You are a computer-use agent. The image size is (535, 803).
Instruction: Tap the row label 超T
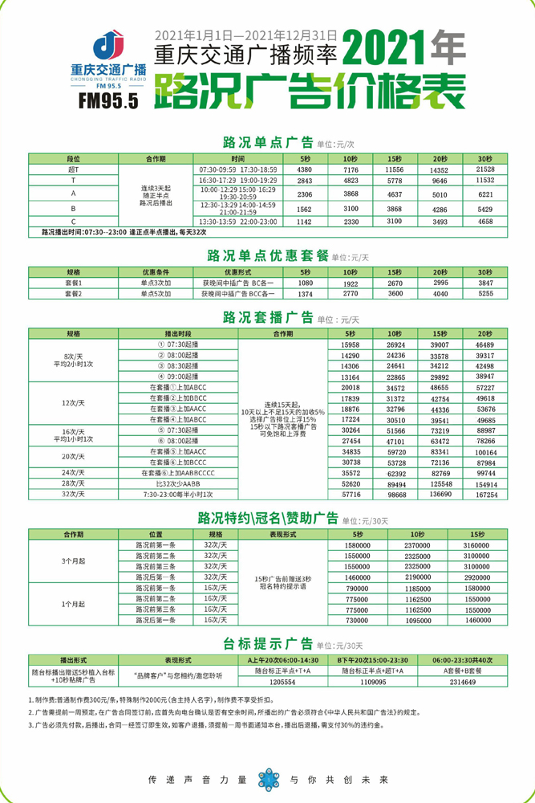pos(73,169)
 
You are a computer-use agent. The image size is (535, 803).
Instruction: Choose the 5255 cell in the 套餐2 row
pos(485,295)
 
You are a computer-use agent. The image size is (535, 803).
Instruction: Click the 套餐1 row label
pos(73,283)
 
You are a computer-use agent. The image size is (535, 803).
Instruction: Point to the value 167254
pos(485,495)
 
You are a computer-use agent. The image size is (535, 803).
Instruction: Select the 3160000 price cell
pos(476,544)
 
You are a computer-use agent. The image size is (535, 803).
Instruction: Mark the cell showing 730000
pos(356,621)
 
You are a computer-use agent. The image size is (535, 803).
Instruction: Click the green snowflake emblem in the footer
pos(267,777)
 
